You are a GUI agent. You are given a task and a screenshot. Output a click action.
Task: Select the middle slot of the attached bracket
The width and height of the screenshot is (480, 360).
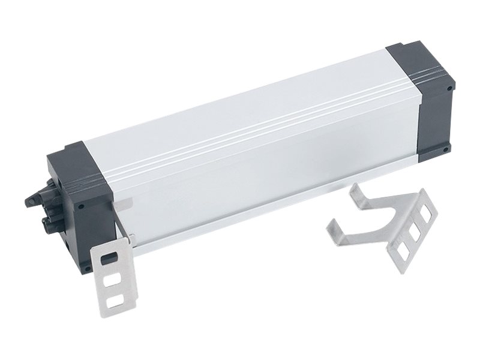(x=110, y=280)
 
